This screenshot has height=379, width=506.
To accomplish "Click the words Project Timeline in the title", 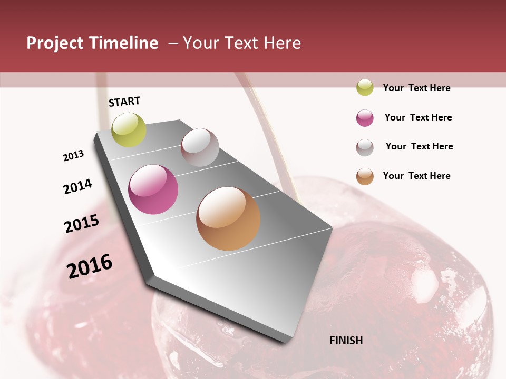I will click(92, 43).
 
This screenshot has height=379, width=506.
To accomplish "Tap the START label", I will click(124, 102).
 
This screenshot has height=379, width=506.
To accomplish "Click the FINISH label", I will click(346, 341).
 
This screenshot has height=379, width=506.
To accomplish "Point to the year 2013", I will click(73, 156).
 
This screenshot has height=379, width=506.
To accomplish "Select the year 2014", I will click(77, 186).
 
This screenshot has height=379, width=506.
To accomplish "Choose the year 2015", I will click(82, 224).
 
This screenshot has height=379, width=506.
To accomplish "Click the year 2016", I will click(90, 266).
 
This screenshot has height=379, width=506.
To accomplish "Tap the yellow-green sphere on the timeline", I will click(129, 129).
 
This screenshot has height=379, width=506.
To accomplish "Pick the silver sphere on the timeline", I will click(200, 147).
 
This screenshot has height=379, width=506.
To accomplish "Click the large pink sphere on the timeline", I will click(153, 189).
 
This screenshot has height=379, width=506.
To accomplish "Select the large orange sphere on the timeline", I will click(228, 218).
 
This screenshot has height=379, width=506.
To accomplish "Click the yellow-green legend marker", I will click(365, 87).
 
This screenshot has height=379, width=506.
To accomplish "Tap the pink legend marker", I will click(365, 118).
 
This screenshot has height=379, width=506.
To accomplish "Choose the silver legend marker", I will click(365, 147).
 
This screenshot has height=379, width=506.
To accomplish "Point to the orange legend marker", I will click(365, 176).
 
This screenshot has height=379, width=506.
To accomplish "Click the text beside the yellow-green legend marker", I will click(416, 88).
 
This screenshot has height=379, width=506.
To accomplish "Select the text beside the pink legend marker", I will click(418, 117).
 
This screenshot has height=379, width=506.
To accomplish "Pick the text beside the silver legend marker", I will click(419, 146).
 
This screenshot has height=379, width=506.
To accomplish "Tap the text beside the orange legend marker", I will click(416, 176).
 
